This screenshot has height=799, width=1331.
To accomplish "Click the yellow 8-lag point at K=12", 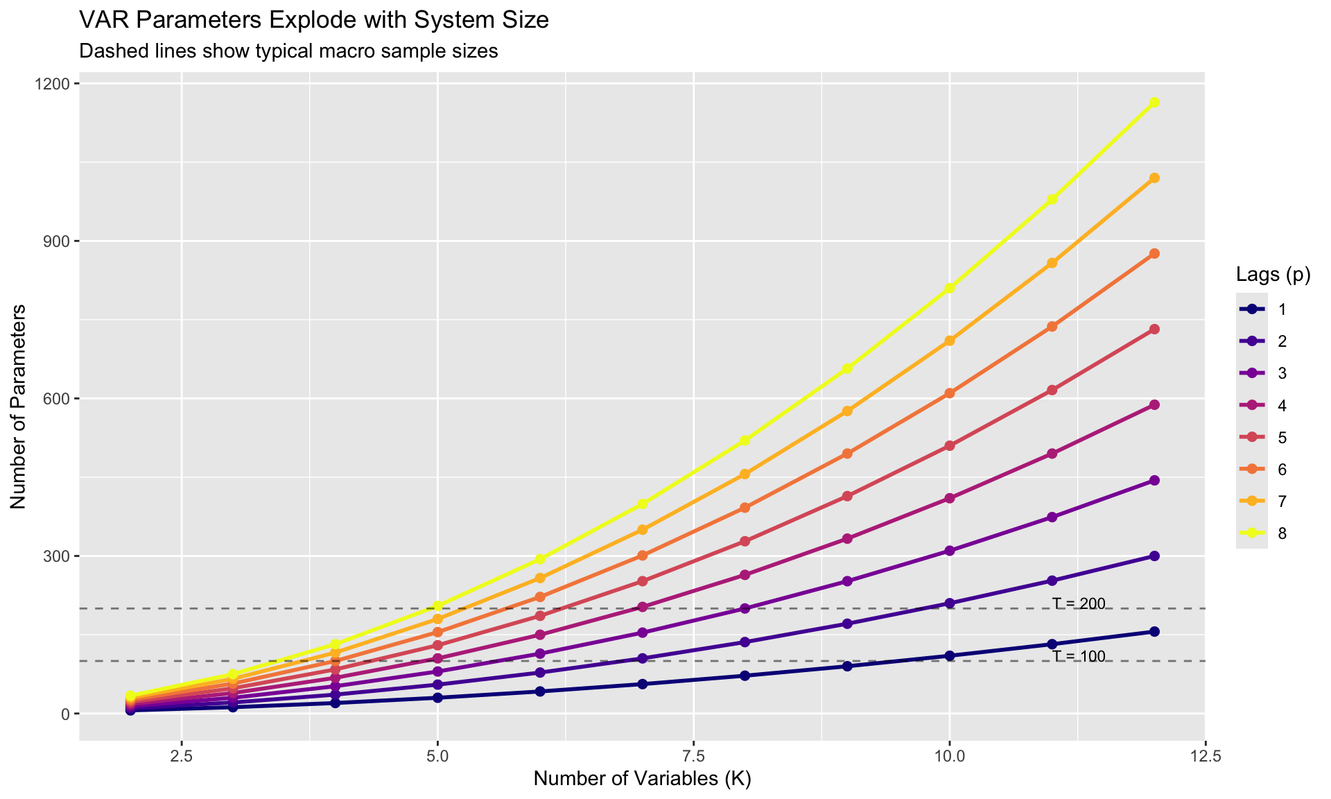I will (x=1154, y=102).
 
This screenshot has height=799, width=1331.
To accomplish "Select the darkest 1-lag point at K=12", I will (x=1154, y=631).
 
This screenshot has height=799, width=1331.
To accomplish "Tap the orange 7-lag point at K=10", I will (x=950, y=341).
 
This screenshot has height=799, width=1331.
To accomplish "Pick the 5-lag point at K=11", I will (x=1052, y=390).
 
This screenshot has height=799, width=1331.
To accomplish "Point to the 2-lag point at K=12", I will (x=1154, y=556).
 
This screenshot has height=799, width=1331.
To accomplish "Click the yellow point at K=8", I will (x=745, y=440).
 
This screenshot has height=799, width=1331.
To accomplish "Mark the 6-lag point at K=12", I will (x=1154, y=254).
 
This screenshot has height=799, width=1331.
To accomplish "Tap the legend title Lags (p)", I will (x=1273, y=275).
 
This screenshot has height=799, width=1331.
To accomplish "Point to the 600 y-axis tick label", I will (x=58, y=399).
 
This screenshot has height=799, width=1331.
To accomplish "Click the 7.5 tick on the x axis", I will (x=693, y=755).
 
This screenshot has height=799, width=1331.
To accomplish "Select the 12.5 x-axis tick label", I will (x=1206, y=755).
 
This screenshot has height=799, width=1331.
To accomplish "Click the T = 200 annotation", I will (x=1078, y=603).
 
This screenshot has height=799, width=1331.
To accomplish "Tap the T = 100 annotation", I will (x=1078, y=656).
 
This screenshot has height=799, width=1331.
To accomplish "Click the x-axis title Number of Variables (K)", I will (x=643, y=780).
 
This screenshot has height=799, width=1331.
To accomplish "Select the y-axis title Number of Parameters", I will (x=19, y=406).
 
